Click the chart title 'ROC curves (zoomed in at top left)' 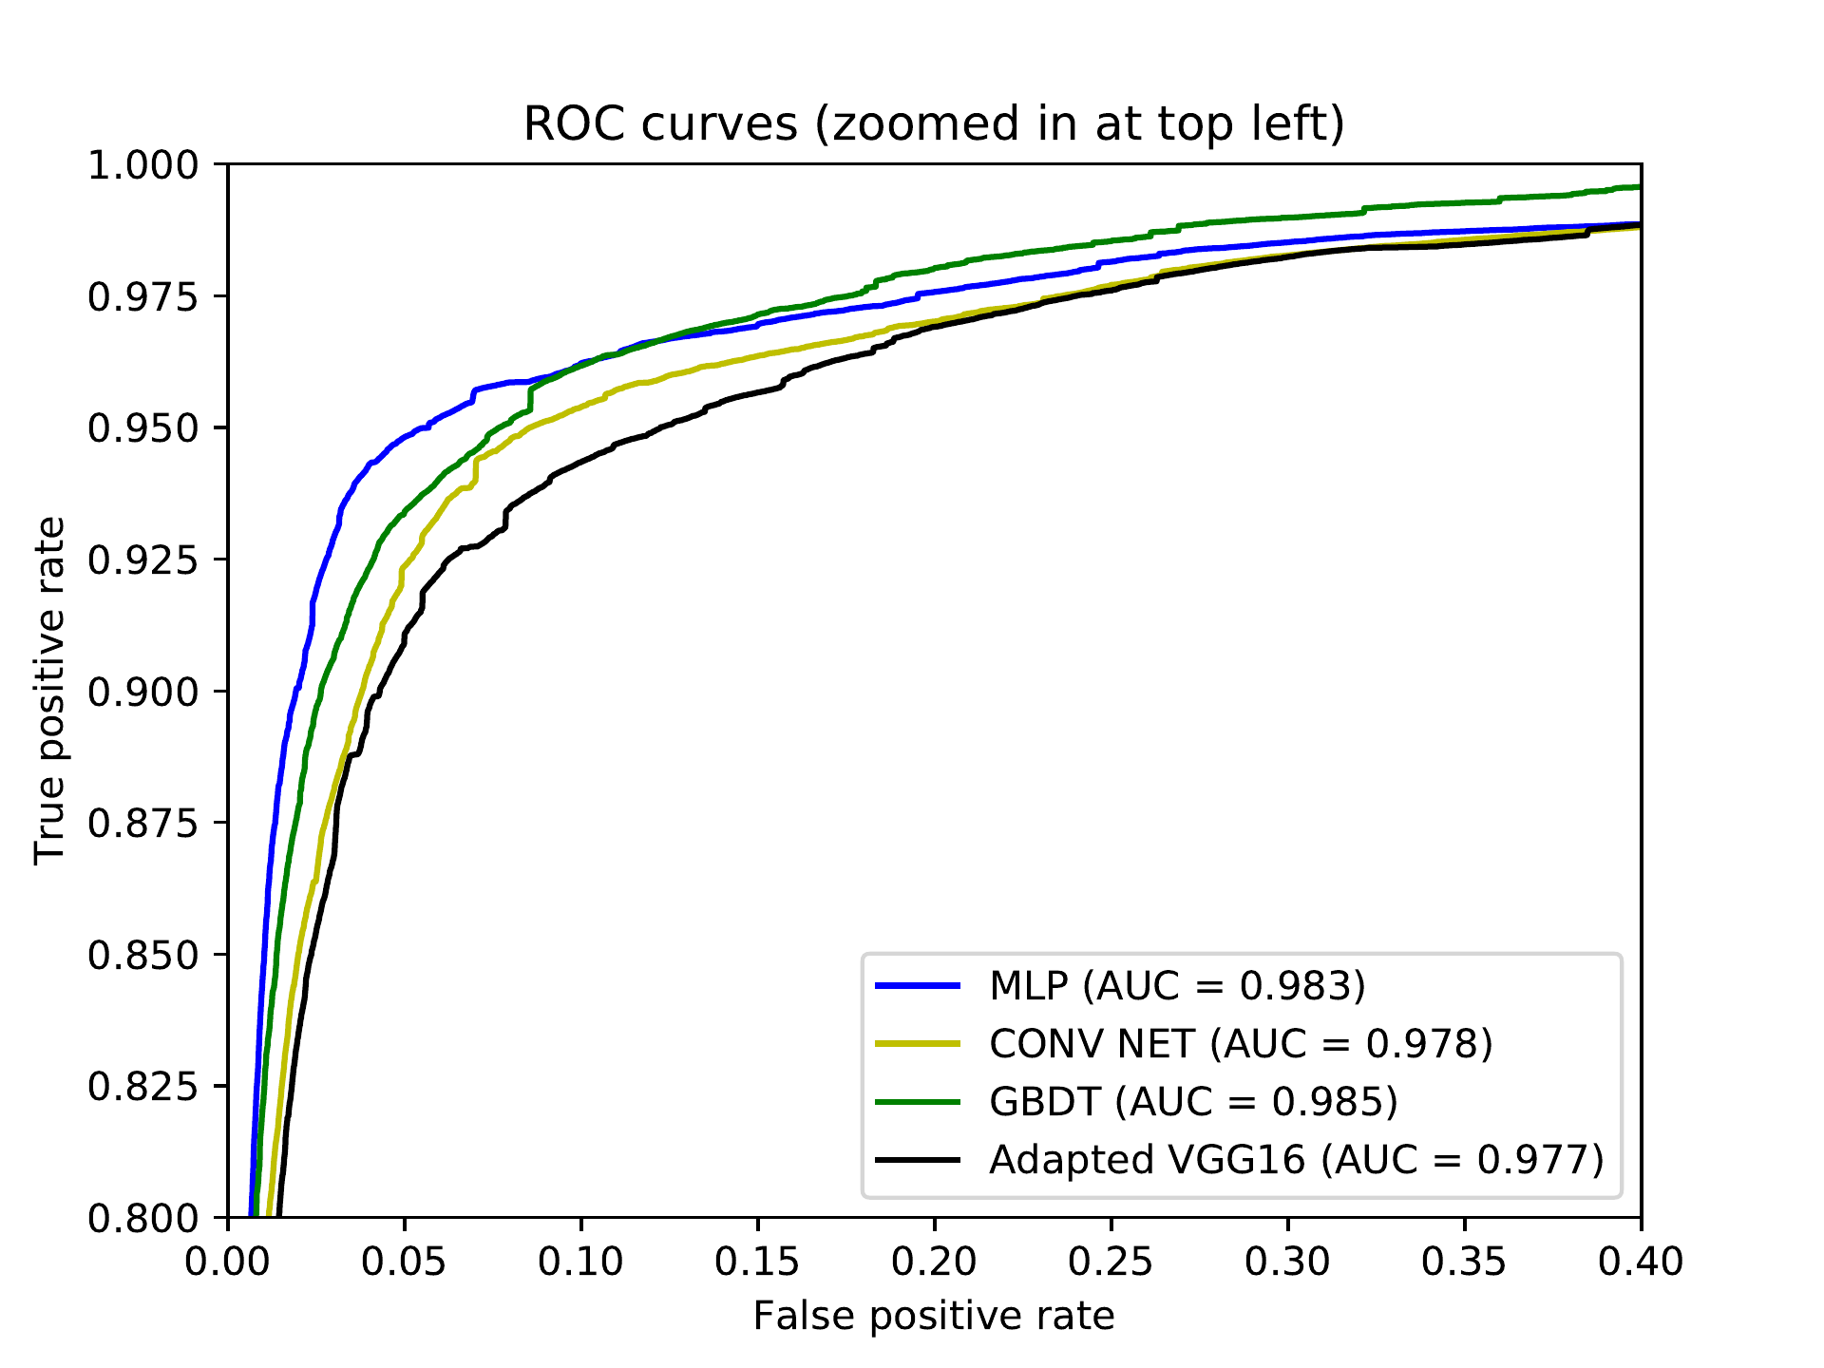934,124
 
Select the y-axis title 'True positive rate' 49,691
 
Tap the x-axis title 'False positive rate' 934,1317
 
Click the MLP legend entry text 1177,986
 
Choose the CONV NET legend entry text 1241,1044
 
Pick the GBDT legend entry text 1193,1102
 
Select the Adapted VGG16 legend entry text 1296,1160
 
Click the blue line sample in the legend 918,986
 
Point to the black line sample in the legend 918,1160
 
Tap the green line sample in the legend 918,1102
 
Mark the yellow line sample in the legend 918,1044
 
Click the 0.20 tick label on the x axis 934,1262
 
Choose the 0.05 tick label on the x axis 405,1262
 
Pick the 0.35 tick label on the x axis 1464,1262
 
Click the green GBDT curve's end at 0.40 1639,187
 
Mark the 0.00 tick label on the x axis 228,1262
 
